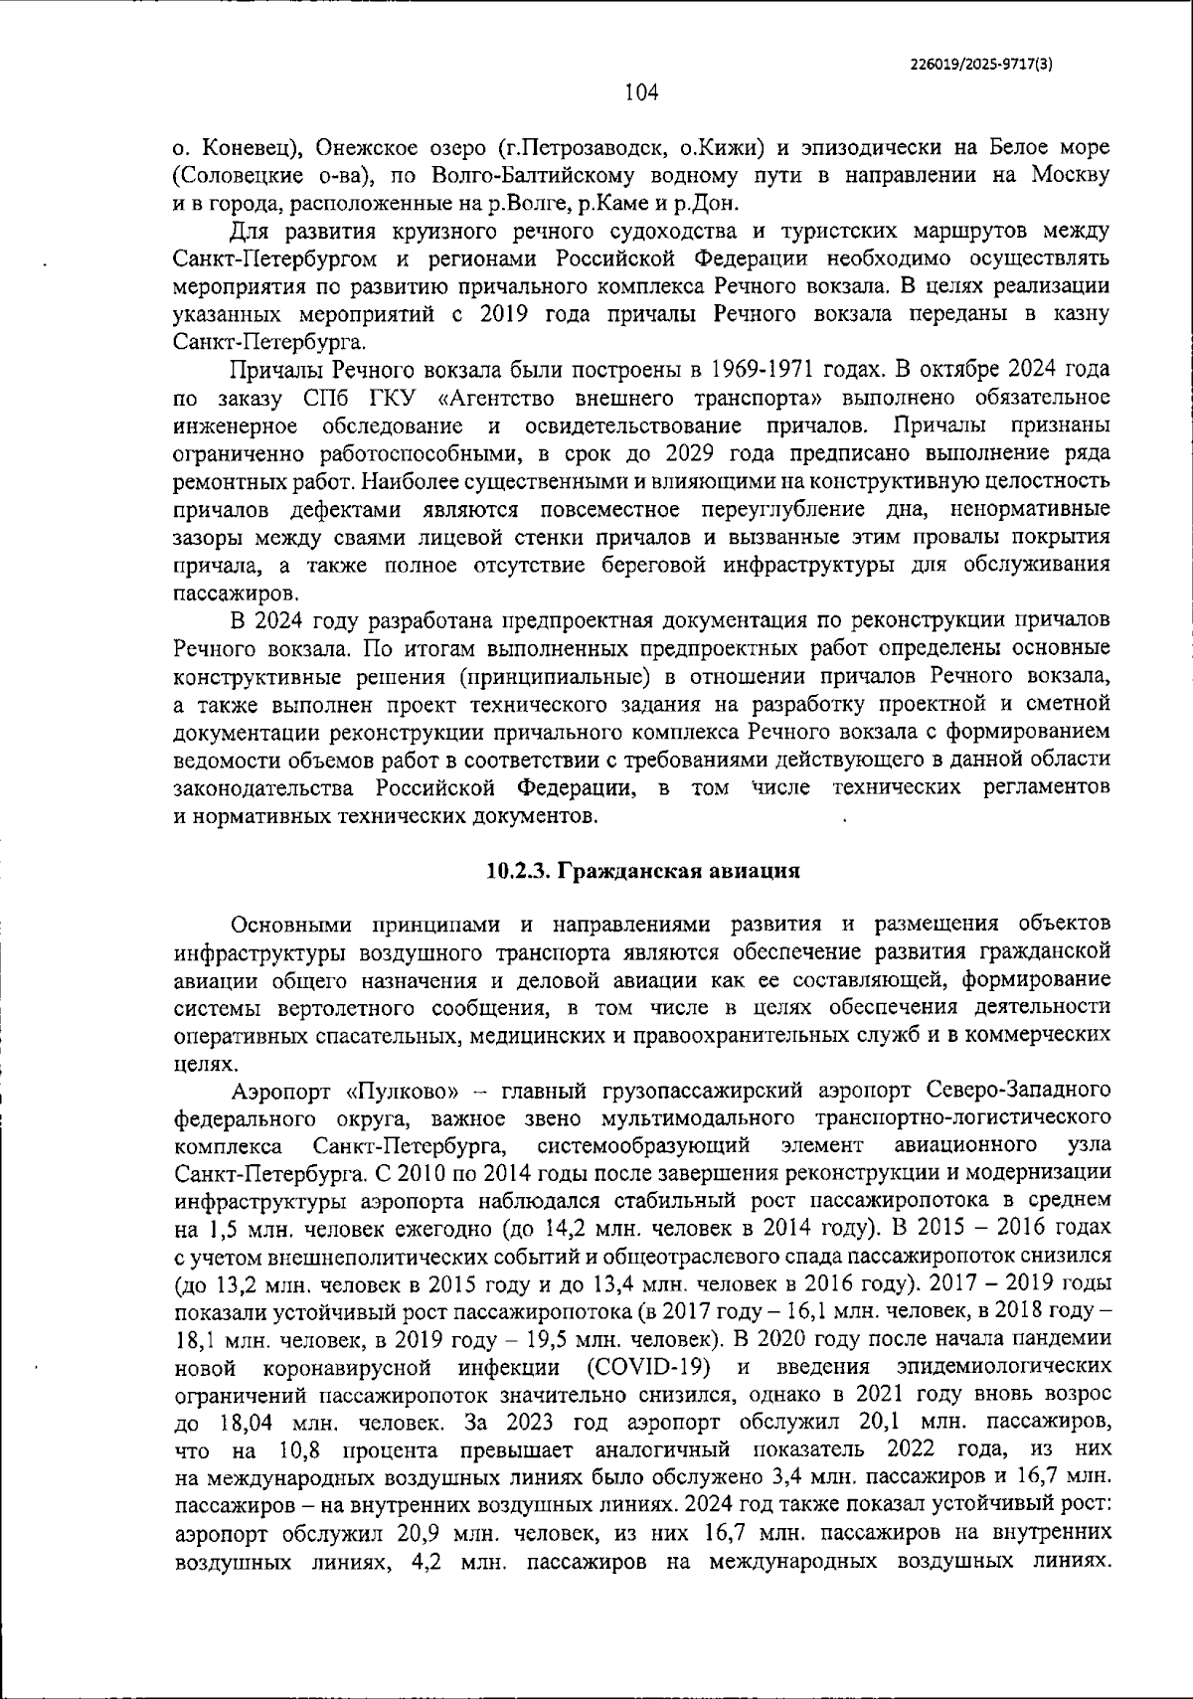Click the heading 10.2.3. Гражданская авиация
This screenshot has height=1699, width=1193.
coord(643,872)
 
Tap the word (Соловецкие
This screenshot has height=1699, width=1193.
coord(234,177)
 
